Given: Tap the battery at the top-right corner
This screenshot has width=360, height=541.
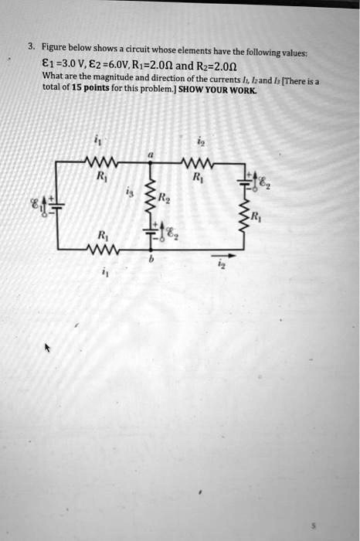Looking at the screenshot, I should pyautogui.click(x=247, y=179).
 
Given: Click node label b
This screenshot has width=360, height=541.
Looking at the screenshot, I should pyautogui.click(x=153, y=263).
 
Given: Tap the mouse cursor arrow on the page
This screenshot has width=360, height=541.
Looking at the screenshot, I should pyautogui.click(x=47, y=349).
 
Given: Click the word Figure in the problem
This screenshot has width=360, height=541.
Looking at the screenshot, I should pyautogui.click(x=55, y=46).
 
